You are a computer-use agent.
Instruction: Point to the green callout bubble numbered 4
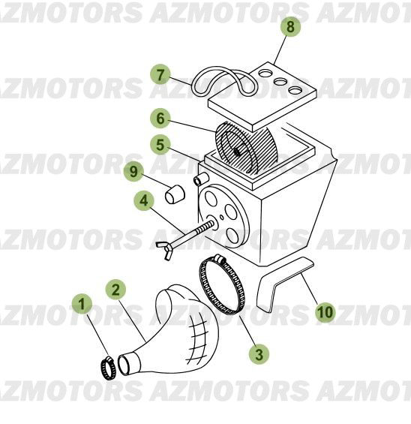point(144,200)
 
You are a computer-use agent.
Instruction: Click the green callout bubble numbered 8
point(291,27)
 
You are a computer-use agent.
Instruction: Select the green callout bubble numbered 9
point(133,171)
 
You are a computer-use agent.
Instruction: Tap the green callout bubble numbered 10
point(324,311)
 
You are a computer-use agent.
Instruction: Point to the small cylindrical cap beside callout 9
point(175,194)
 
